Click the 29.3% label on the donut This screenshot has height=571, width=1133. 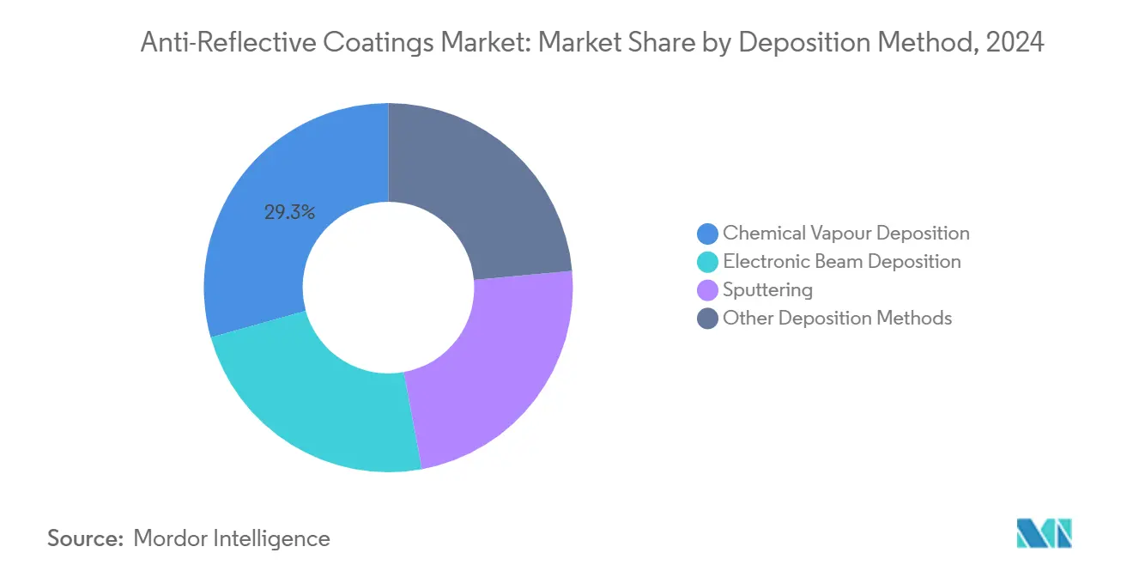[289, 212]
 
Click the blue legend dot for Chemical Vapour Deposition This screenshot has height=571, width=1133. [707, 234]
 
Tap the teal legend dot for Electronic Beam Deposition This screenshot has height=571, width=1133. [707, 262]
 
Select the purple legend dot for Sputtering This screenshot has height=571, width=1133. [707, 290]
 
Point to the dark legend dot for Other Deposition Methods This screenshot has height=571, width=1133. [707, 319]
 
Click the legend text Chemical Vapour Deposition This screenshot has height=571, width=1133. [845, 234]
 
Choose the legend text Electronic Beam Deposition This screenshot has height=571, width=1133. [841, 262]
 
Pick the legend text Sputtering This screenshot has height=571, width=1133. [767, 290]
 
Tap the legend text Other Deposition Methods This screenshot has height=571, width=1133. [837, 319]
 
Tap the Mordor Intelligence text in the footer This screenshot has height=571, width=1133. [232, 538]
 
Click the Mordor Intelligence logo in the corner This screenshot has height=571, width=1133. [1044, 534]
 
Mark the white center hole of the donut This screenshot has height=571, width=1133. [389, 288]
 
